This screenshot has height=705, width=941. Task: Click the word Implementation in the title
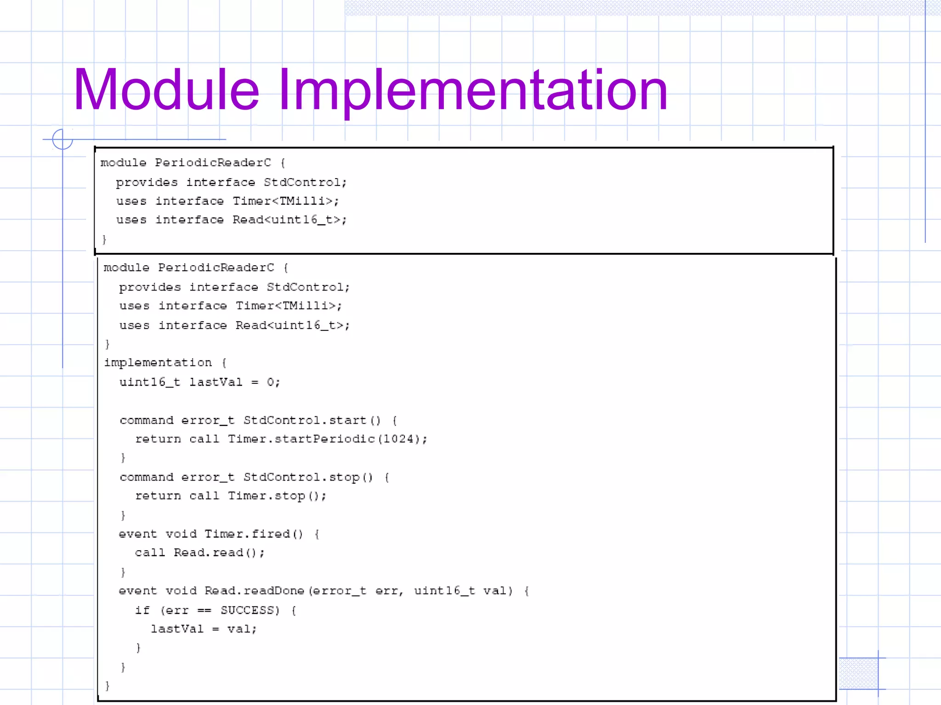pyautogui.click(x=473, y=90)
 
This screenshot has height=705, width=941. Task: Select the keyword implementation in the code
pyautogui.click(x=158, y=363)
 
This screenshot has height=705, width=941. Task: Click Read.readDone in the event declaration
pyautogui.click(x=254, y=591)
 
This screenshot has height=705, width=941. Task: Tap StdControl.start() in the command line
pyautogui.click(x=312, y=420)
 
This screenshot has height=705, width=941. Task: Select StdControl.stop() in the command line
pyautogui.click(x=308, y=477)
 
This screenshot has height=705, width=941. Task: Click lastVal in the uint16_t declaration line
pyautogui.click(x=215, y=382)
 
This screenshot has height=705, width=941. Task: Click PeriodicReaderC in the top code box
pyautogui.click(x=213, y=163)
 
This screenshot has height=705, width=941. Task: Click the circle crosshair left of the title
pyautogui.click(x=62, y=139)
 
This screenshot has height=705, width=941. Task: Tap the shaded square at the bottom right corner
pyautogui.click(x=858, y=673)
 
